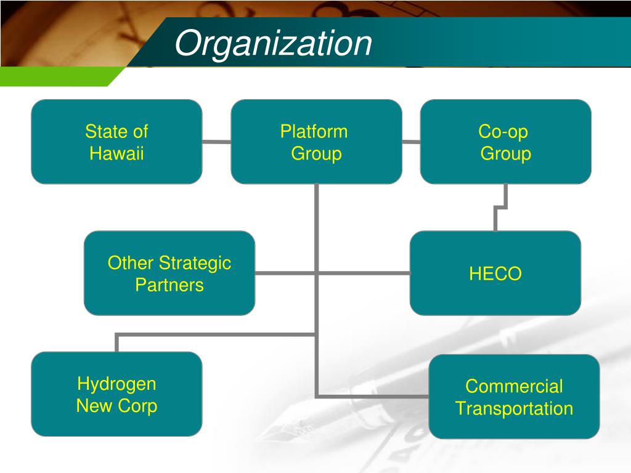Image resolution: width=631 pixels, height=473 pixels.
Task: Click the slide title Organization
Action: tap(273, 44)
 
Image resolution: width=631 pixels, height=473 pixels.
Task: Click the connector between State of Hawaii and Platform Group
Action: tap(216, 142)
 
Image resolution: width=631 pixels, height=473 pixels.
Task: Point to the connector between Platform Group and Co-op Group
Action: tap(411, 142)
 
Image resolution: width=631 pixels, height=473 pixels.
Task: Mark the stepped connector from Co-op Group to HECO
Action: tap(500, 208)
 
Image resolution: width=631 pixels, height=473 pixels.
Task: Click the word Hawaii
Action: tap(116, 153)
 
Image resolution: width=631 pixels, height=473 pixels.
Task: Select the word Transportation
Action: tap(515, 408)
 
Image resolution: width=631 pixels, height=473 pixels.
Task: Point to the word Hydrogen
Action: tap(116, 384)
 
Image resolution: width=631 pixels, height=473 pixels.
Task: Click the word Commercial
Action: tap(514, 387)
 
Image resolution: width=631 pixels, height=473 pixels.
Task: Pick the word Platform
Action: tap(314, 132)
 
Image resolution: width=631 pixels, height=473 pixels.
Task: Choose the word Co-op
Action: tap(503, 132)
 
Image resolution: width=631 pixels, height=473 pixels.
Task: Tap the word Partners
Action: tap(169, 285)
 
